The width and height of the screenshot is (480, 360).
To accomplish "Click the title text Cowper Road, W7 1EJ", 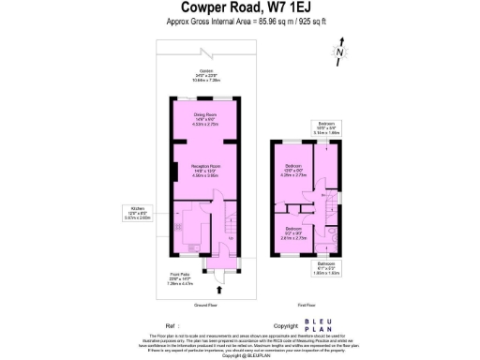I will [x=240, y=9].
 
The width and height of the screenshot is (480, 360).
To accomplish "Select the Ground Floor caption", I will [x=206, y=306].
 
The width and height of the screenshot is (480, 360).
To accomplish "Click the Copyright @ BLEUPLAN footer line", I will [x=240, y=355].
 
